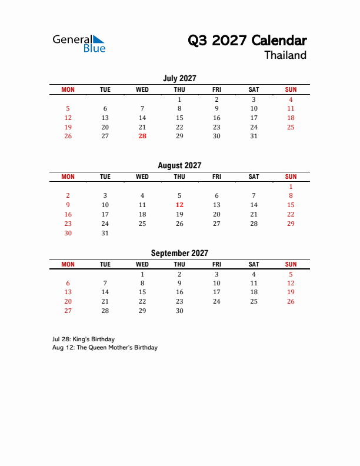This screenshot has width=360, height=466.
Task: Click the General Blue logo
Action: pyautogui.click(x=79, y=44)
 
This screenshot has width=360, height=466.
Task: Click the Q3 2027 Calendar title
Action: pyautogui.click(x=247, y=41)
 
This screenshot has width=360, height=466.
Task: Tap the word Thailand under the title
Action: pyautogui.click(x=285, y=55)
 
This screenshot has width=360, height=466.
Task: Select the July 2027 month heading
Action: pyautogui.click(x=179, y=78)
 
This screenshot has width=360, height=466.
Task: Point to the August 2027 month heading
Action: pyautogui.click(x=179, y=166)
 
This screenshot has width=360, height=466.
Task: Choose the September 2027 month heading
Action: pyautogui.click(x=179, y=253)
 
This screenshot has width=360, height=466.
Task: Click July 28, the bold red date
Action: pyautogui.click(x=142, y=136)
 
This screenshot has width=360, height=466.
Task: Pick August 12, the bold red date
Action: pyautogui.click(x=179, y=205)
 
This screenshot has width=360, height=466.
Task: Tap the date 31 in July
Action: pyautogui.click(x=254, y=136)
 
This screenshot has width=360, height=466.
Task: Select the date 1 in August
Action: pyautogui.click(x=291, y=187)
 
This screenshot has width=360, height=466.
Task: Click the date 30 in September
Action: pyautogui.click(x=179, y=311)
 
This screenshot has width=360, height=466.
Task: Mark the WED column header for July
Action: pyautogui.click(x=142, y=89)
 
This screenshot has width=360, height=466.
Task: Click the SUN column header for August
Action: pyautogui.click(x=291, y=177)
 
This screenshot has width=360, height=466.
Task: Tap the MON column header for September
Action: pyautogui.click(x=68, y=264)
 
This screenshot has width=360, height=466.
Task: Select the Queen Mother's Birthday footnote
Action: pyautogui.click(x=105, y=348)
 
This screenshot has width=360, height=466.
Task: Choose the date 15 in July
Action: pyautogui.click(x=179, y=118)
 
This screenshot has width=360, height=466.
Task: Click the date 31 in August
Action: pyautogui.click(x=105, y=233)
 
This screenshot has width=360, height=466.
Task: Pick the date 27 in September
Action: pyautogui.click(x=68, y=311)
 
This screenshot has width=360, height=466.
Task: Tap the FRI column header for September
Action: pyautogui.click(x=216, y=264)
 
